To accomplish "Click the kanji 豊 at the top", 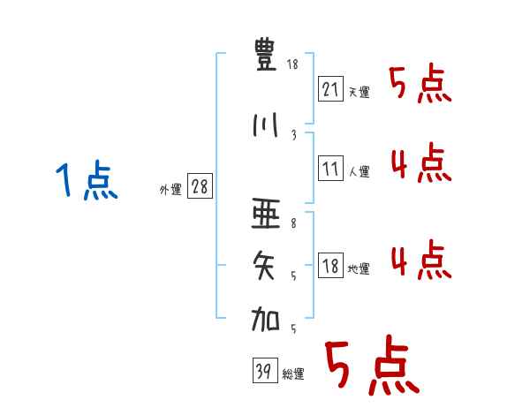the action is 265,55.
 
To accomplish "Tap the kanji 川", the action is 266,125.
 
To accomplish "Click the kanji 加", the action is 265,319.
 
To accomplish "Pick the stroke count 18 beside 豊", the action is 292,64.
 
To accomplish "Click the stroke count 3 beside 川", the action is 294,135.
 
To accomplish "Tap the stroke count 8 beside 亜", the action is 293,223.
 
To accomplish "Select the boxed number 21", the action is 330,89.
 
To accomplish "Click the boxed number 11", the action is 330,169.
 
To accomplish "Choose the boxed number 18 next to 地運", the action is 330,265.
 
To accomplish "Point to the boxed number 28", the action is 200,186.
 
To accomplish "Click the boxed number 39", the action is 265,370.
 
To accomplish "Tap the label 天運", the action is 359,92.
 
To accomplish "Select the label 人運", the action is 359,171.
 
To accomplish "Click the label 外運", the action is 170,190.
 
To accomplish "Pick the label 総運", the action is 293,374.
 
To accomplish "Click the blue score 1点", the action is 87,180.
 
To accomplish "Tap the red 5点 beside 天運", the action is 420,83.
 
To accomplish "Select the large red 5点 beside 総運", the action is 372,365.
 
